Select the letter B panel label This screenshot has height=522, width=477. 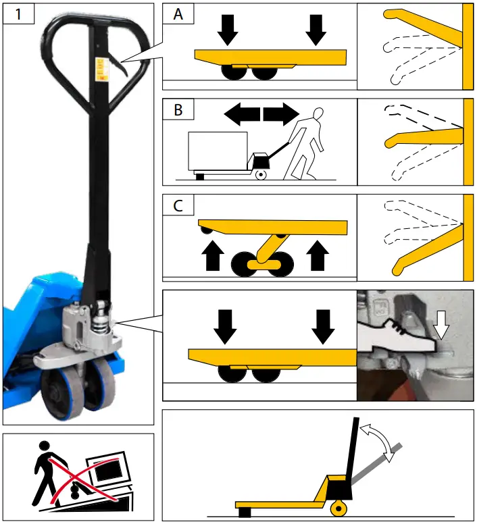click(x=178, y=110)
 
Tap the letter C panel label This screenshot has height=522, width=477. click(x=178, y=205)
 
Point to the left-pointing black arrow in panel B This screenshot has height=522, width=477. click(x=241, y=113)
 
